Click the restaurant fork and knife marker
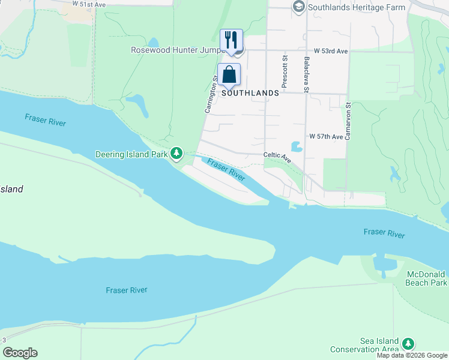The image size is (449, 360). click(231, 40)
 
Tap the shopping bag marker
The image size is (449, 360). click(229, 75)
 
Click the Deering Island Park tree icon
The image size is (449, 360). click(176, 154)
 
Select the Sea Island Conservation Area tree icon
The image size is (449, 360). click(408, 343)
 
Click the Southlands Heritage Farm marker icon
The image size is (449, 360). click(298, 7)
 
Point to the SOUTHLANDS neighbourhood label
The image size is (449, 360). click(250, 93)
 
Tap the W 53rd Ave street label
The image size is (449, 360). click(327, 52)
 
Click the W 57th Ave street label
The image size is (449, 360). click(326, 137)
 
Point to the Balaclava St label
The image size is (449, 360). click(306, 75)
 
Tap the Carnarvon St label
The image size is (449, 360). click(348, 121)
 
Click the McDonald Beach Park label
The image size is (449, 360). click(426, 278)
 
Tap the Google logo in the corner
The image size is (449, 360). click(20, 353)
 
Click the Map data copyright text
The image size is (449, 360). click(412, 355)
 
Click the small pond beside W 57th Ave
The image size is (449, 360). click(296, 146)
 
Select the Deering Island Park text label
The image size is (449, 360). click(131, 154)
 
